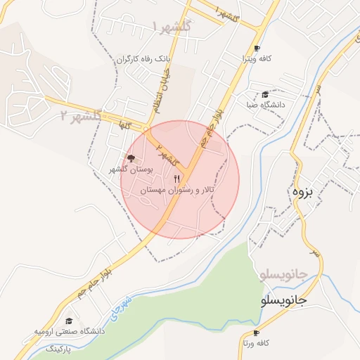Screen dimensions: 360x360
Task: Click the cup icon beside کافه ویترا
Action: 257,49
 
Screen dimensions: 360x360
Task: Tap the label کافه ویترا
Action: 257,60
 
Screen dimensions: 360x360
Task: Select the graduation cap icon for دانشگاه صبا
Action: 264,94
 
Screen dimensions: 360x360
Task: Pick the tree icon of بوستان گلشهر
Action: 130,157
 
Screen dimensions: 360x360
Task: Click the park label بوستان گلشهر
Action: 130,169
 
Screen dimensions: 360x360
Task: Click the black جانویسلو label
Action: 279,300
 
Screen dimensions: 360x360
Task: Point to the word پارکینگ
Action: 59,349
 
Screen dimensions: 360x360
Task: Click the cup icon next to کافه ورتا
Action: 255,332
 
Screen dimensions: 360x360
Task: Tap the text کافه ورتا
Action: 255,344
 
